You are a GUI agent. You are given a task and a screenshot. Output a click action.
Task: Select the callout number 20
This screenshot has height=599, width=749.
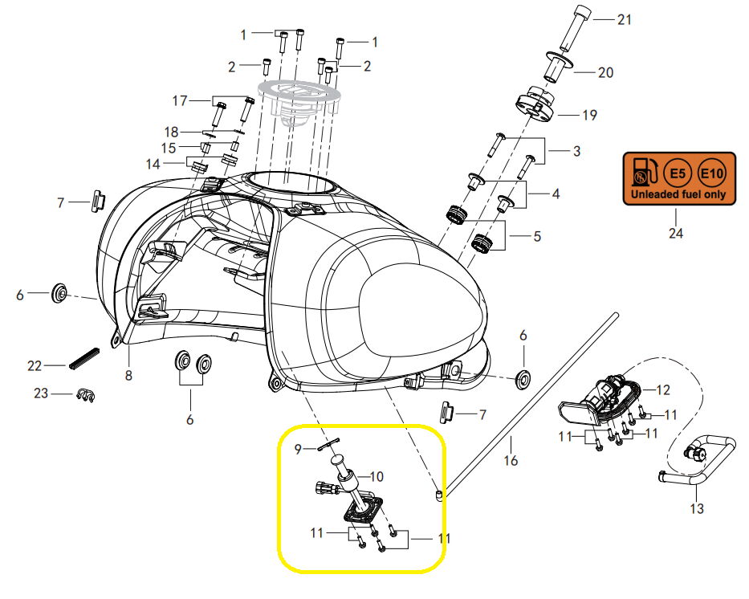(x=605, y=72)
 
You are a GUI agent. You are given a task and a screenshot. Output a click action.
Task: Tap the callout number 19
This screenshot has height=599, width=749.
(x=589, y=116)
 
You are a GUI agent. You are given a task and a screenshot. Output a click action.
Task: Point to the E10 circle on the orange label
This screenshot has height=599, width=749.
(x=712, y=173)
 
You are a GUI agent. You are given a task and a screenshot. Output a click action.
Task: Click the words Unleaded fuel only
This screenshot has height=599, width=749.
(x=679, y=194)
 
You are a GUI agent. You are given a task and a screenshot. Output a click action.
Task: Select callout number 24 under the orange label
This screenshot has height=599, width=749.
(x=676, y=234)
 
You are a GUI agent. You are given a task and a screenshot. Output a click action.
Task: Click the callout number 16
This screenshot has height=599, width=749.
(x=511, y=461)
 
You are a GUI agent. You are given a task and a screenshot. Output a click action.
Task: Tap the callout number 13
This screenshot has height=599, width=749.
(x=697, y=508)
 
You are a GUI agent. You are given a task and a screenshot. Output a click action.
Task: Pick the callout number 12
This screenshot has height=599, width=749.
(x=662, y=390)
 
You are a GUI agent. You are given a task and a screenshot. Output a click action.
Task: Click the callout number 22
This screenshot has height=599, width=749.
(x=34, y=365)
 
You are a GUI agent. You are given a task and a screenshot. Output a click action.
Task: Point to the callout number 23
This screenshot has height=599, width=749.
(x=40, y=393)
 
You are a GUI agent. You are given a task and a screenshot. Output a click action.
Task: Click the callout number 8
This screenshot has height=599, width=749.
(x=128, y=375)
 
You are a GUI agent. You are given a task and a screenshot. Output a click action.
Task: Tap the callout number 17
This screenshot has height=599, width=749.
(x=180, y=100)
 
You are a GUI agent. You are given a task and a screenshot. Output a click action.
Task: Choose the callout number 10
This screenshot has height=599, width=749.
(x=377, y=477)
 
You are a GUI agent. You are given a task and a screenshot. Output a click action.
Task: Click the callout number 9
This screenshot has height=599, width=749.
(x=298, y=450)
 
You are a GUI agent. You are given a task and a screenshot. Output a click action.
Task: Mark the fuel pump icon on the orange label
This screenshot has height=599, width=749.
(x=645, y=173)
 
